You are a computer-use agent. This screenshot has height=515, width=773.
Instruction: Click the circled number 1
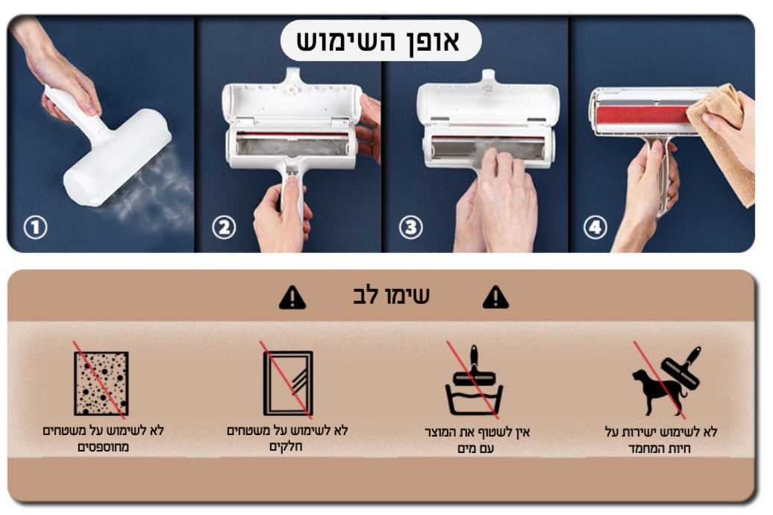coord(36,228)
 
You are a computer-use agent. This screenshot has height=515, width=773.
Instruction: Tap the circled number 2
coord(224,228)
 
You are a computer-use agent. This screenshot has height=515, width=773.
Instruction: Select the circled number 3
coord(410,228)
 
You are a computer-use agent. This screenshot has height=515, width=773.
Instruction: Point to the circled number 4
coord(595,228)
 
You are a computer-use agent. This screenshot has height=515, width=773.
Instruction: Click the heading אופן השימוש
coord(378,41)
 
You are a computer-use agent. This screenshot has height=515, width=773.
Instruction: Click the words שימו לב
coord(392,296)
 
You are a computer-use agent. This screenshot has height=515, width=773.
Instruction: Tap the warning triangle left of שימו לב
coord(292,298)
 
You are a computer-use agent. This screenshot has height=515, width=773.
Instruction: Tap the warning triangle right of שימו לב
coord(495,298)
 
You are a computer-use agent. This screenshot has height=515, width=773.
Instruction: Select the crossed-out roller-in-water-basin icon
coord(475,380)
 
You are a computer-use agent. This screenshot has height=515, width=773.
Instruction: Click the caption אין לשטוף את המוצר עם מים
coord(477,440)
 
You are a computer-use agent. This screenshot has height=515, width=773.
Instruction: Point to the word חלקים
coord(286,446)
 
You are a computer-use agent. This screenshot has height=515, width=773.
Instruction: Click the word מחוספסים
coord(103,447)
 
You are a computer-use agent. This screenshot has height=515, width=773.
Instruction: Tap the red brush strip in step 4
coord(642,115)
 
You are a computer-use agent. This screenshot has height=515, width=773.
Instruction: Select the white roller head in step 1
coord(117,157)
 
